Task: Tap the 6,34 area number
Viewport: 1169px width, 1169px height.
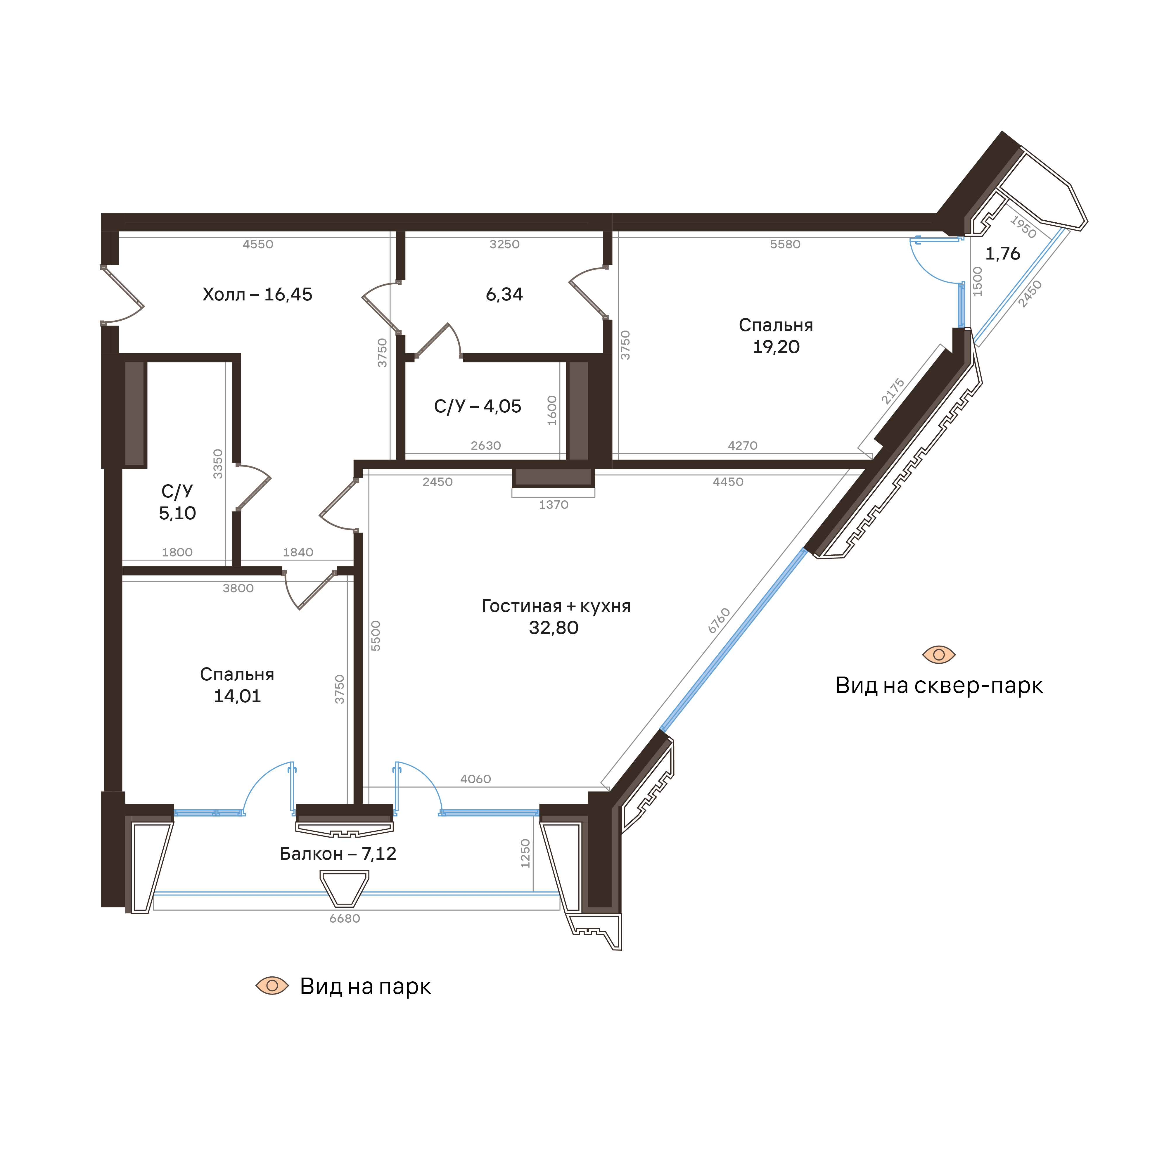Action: point(504,295)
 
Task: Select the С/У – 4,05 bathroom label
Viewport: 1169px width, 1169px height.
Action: point(478,406)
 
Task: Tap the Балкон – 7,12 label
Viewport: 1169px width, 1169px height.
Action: point(338,854)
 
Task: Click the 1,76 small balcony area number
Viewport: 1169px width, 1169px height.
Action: point(1003,253)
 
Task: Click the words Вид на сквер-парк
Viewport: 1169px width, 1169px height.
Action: point(939,686)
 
